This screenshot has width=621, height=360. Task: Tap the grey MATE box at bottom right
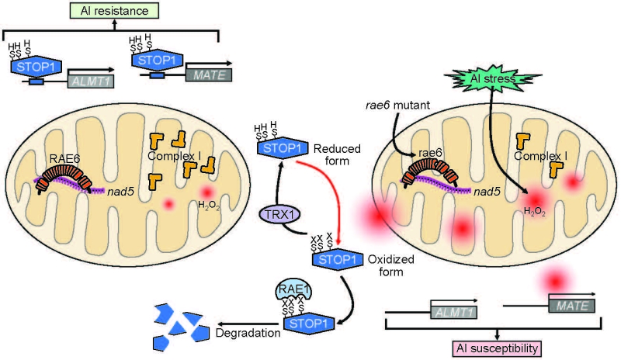click(x=569, y=306)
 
